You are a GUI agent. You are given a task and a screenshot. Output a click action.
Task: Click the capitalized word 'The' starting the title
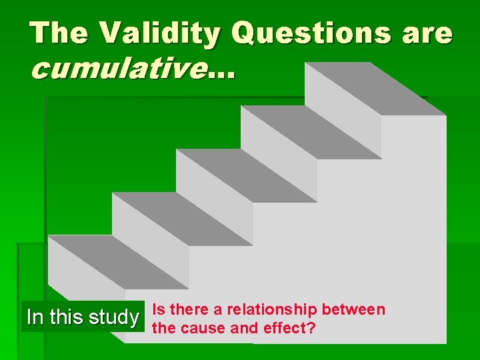pyautogui.click(x=59, y=33)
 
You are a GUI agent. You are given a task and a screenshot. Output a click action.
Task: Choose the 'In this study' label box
pyautogui.click(x=82, y=317)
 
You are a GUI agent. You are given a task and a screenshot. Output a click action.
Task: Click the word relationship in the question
pyautogui.click(x=273, y=309)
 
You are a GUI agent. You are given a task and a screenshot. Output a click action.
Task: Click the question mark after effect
pyautogui.click(x=311, y=328)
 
